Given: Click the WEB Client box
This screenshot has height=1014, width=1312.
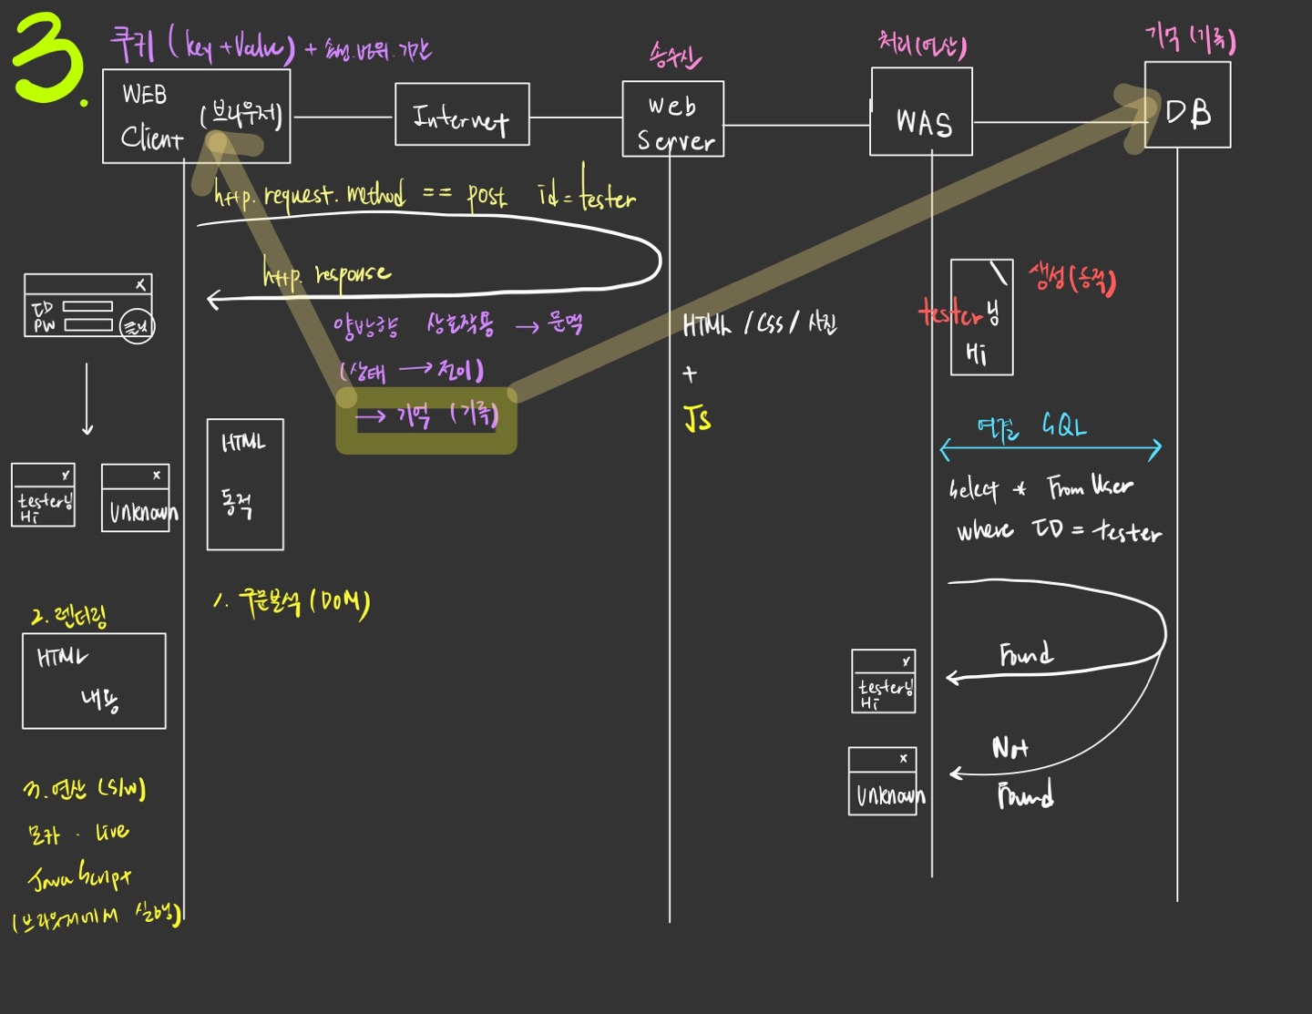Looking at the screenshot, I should tap(196, 116).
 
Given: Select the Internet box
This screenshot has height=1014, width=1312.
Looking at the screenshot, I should tap(462, 115).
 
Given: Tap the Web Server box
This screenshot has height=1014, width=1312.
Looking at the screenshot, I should tap(673, 119).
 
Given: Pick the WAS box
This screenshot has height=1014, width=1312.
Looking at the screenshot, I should tap(921, 112).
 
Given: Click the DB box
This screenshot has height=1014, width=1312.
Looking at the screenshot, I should tap(1187, 105).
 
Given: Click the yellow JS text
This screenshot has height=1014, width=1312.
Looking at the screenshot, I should tap(697, 418).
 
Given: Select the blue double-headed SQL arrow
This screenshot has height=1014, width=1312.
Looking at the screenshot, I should tap(1051, 448).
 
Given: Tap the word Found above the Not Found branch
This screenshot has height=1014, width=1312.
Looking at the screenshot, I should tap(1026, 654).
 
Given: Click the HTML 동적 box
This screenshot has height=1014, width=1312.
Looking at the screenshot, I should tap(245, 484).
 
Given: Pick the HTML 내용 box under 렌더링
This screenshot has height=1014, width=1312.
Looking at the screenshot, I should tap(94, 681).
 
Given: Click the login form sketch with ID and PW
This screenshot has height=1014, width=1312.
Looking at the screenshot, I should tap(88, 306).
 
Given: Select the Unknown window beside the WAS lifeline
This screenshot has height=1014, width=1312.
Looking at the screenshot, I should tap(883, 781).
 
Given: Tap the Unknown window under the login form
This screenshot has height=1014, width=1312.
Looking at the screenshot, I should tap(136, 497).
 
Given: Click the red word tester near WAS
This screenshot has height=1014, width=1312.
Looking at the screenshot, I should tap(950, 314).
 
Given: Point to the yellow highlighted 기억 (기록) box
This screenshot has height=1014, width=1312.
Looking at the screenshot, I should tap(426, 419).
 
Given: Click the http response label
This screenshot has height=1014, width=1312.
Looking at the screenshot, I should tap(326, 273).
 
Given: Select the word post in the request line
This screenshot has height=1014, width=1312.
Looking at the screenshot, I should tap(487, 194).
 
